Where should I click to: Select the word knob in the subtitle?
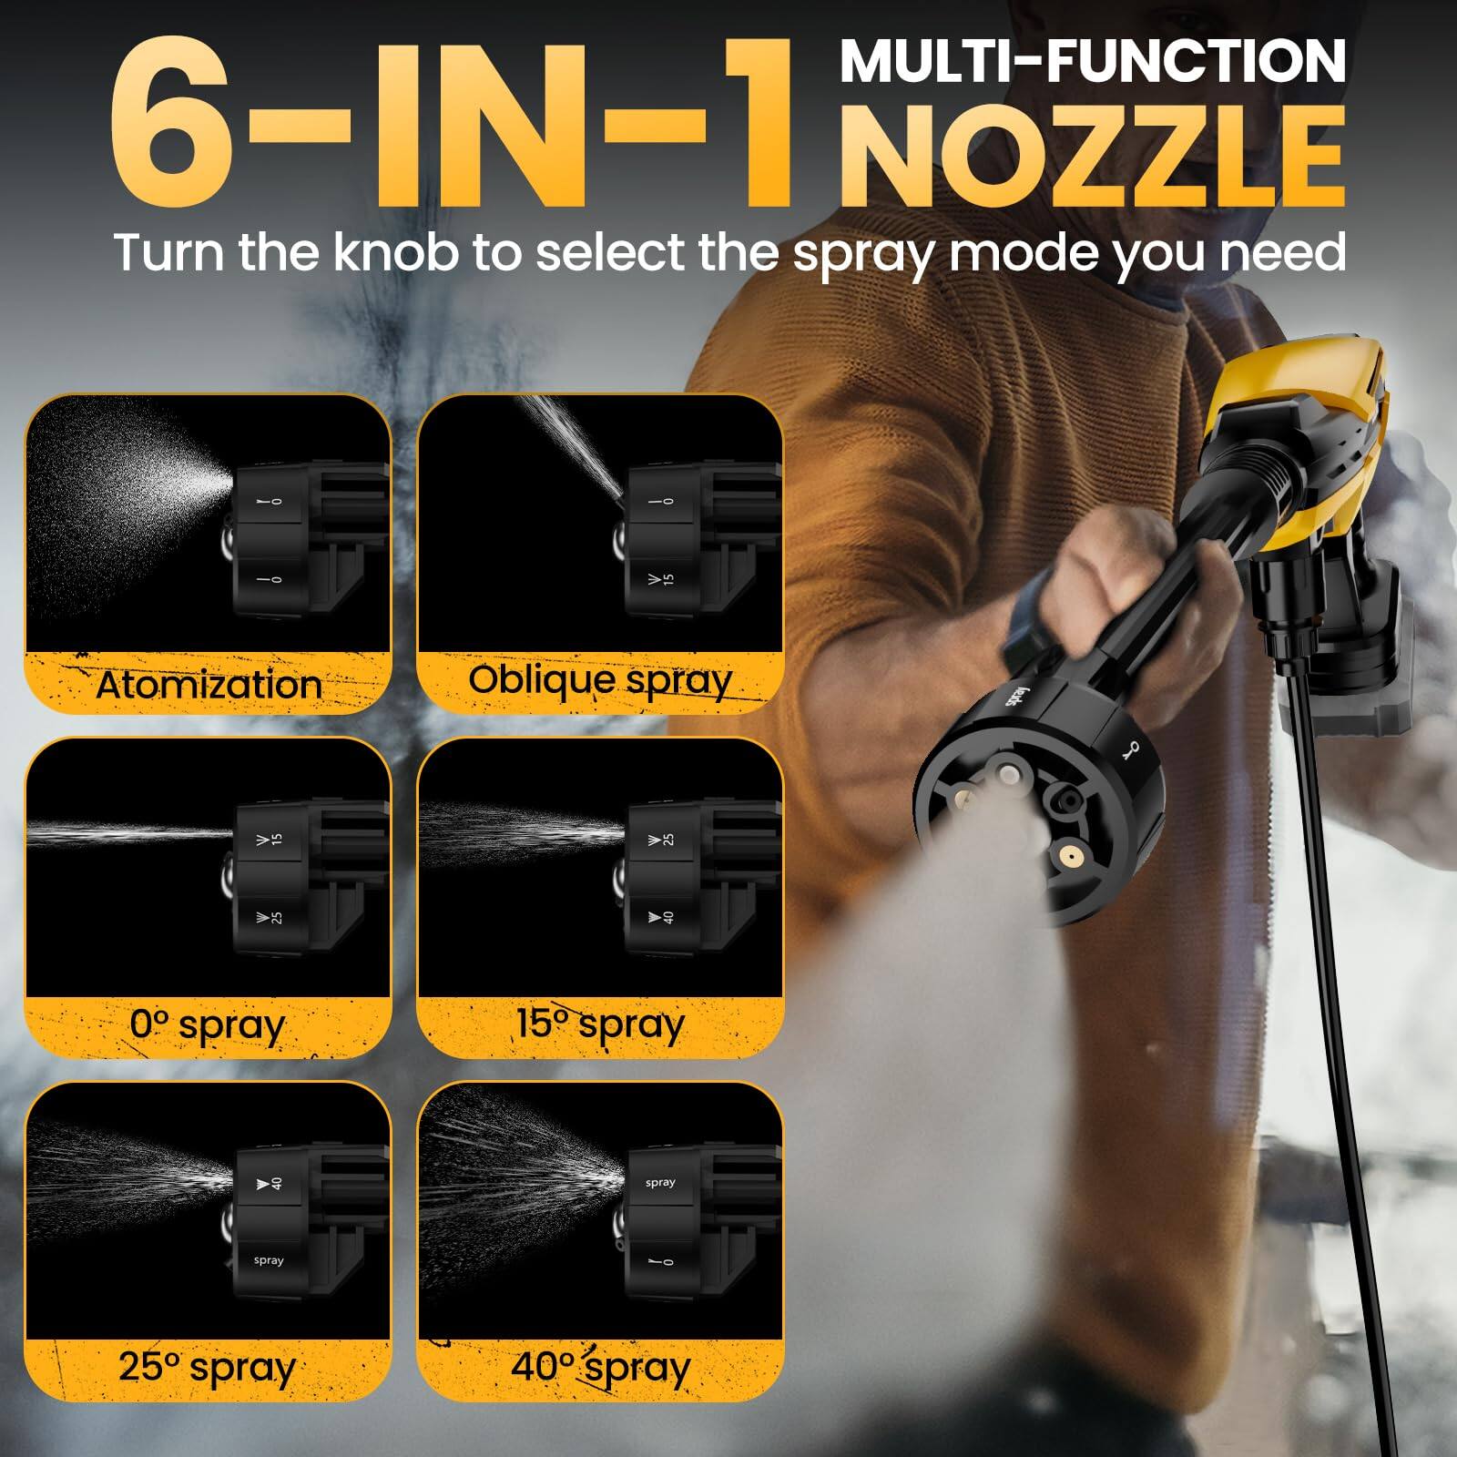click(x=395, y=252)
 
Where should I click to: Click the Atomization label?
click(x=209, y=685)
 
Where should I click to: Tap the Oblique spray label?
click(x=600, y=680)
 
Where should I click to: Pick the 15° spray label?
click(x=600, y=1024)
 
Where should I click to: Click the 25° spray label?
click(x=208, y=1367)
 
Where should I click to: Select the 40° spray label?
click(x=600, y=1367)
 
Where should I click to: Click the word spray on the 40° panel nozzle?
click(x=660, y=1182)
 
